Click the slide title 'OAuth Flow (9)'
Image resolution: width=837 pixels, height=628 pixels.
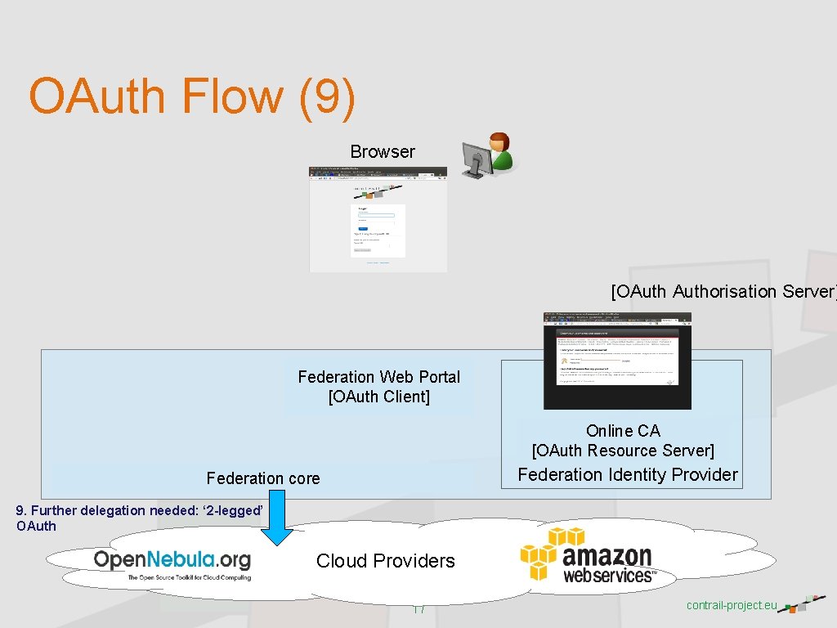pos(192,96)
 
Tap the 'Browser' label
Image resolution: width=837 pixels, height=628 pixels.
pos(383,151)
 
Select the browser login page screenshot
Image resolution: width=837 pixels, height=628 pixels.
pos(378,219)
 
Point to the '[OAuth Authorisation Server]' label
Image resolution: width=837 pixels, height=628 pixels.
pos(723,291)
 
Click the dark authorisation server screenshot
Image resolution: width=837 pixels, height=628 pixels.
pos(617,360)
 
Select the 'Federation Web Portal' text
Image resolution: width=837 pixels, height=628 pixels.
pos(378,377)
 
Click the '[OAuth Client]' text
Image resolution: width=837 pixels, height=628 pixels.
pos(378,397)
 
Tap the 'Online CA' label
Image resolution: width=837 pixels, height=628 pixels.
pos(623,431)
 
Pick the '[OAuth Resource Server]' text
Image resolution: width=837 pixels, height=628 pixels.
pos(623,451)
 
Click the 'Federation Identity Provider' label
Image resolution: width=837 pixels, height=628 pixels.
pos(628,474)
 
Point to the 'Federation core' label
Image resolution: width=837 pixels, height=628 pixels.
pos(263,478)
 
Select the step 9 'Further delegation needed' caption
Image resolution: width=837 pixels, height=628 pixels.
pos(139,518)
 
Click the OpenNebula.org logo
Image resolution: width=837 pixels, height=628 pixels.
pos(172,563)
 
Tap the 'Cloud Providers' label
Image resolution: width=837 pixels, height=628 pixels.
pos(386,561)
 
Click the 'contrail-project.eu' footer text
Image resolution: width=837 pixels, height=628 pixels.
pos(732,605)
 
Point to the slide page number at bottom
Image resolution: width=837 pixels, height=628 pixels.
pos(419,609)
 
